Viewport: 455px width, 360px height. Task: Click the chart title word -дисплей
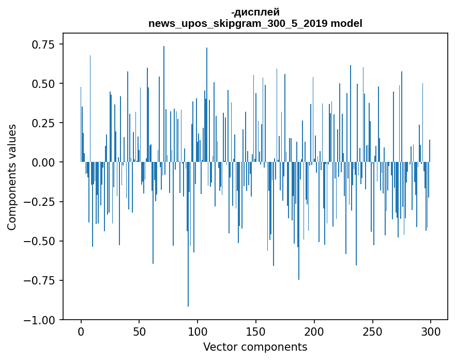pyautogui.click(x=255, y=12)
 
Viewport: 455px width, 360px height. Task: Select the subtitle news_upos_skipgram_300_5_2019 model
pyautogui.click(x=255, y=23)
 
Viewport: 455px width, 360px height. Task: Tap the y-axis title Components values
pyautogui.click(x=11, y=177)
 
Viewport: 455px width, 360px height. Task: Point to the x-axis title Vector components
pyautogui.click(x=255, y=347)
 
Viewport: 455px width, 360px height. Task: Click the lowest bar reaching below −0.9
pyautogui.click(x=188, y=259)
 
